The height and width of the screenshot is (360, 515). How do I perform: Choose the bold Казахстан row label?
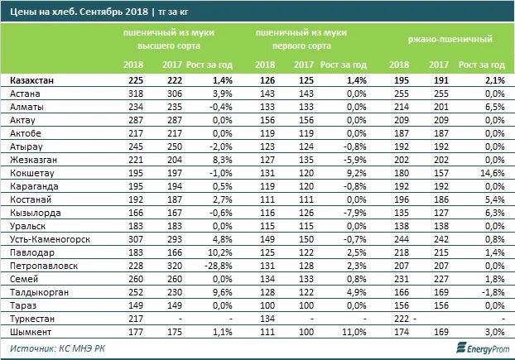pos(34,81)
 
